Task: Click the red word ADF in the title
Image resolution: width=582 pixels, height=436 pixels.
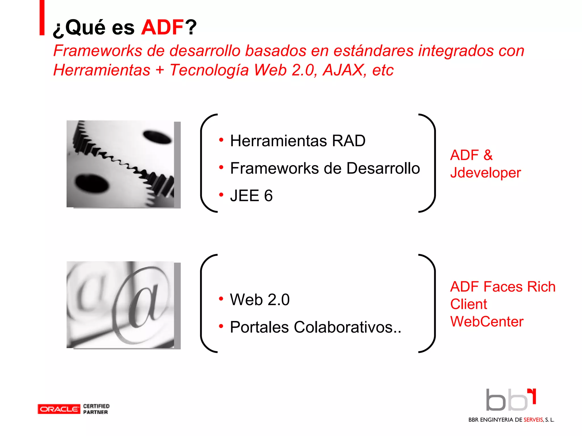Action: [162, 28]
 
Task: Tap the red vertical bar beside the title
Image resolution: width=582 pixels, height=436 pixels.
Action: [42, 18]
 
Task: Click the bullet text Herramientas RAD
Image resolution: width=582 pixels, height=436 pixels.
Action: [298, 141]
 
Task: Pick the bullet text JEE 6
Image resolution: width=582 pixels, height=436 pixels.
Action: [251, 196]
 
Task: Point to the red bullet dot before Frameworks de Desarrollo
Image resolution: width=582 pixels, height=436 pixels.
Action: [221, 167]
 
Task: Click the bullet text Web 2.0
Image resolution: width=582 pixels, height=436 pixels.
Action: [260, 300]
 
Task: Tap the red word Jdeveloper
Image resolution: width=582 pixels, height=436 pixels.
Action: [485, 173]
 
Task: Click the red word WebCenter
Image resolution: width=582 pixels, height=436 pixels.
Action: [487, 322]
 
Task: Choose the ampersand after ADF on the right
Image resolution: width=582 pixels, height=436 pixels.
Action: [488, 155]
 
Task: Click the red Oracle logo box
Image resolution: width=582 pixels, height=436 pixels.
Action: [59, 409]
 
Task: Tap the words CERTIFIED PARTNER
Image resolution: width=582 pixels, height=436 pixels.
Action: [96, 409]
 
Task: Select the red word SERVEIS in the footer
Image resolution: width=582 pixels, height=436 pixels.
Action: [533, 420]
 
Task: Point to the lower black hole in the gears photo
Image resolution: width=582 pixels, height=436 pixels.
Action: [92, 184]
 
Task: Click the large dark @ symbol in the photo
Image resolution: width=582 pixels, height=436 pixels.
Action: [142, 305]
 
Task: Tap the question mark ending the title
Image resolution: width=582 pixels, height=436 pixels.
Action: [191, 28]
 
